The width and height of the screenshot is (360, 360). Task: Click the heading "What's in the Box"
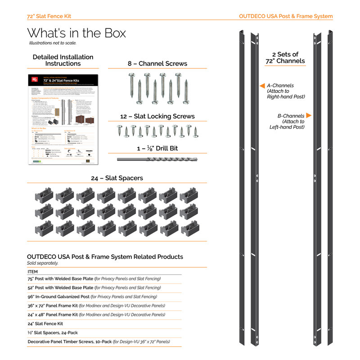point(76,33)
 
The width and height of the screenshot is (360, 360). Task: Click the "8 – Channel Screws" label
point(157,63)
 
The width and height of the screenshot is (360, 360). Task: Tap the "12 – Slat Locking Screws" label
point(157,116)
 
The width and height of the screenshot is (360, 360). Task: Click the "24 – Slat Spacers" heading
point(117,178)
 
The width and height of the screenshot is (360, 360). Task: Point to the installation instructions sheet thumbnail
point(63,119)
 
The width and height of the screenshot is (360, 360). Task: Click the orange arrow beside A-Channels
point(261,85)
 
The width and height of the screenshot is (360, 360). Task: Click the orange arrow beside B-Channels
point(309,115)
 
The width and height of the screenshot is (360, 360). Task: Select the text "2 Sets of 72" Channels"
point(285,58)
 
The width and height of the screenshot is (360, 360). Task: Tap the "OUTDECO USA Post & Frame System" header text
point(286,16)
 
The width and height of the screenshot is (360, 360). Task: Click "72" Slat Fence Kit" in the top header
point(49,16)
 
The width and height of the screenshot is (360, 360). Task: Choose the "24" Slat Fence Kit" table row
point(45,324)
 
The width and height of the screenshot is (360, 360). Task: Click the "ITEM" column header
point(33,272)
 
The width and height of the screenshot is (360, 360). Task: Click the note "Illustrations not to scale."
point(53,43)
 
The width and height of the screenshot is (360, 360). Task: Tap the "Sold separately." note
point(43,263)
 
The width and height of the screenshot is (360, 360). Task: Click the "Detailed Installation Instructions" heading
point(63,60)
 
